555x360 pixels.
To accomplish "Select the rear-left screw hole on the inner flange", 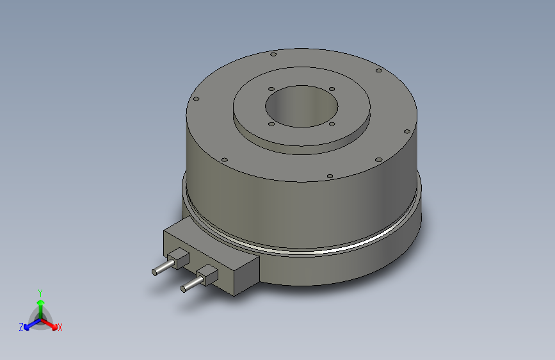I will [271, 88].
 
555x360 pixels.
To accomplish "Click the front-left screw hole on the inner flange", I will [271, 124].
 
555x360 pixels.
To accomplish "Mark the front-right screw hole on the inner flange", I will [332, 124].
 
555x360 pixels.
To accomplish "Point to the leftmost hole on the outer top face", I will [197, 99].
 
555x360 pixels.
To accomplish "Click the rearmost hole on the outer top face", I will [273, 54].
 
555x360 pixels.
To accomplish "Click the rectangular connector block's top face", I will [211, 242].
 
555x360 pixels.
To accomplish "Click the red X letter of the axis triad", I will [60, 327].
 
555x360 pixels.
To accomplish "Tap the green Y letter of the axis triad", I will [40, 291].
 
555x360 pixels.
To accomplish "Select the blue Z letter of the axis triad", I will [21, 327].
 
